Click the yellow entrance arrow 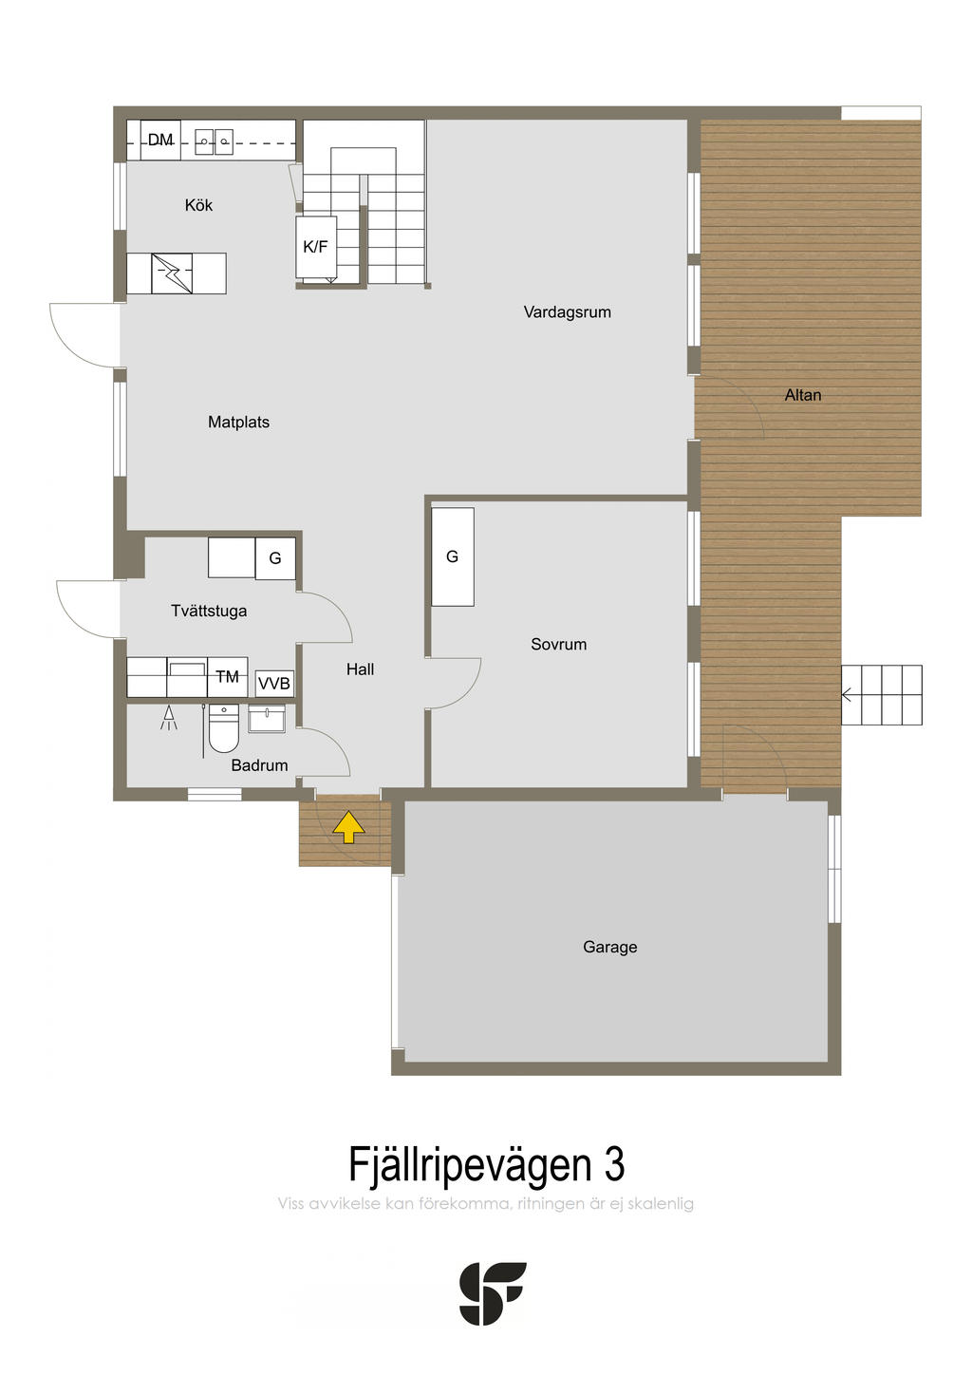click(x=348, y=826)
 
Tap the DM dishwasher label click(x=160, y=140)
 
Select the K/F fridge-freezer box click(x=316, y=246)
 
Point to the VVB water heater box click(x=273, y=683)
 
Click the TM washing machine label click(x=227, y=676)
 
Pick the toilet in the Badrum click(x=224, y=728)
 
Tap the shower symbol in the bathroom click(x=169, y=718)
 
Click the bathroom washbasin click(x=267, y=719)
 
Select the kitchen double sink click(x=215, y=141)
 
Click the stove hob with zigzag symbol click(x=172, y=273)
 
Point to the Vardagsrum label click(x=567, y=311)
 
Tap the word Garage click(x=610, y=947)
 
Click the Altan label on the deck click(x=803, y=395)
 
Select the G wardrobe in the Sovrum click(x=453, y=556)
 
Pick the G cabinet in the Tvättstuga click(x=275, y=558)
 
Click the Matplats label click(x=238, y=422)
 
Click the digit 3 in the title click(x=614, y=1164)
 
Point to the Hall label click(x=360, y=669)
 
